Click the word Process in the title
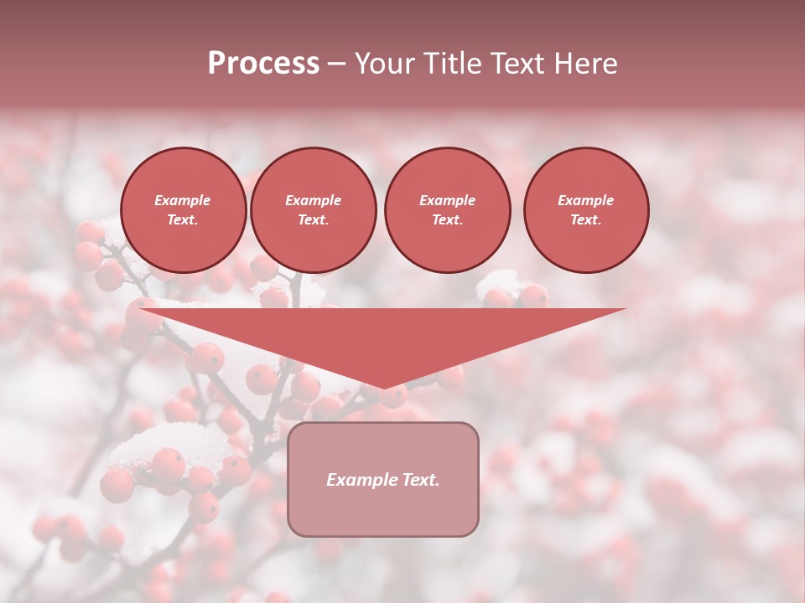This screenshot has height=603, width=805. (x=263, y=64)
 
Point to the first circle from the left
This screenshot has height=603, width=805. (x=184, y=210)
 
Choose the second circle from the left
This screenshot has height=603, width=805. (x=314, y=210)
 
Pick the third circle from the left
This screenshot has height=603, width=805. (x=447, y=210)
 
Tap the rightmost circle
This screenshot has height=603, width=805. (x=586, y=210)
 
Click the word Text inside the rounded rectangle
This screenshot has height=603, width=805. (x=421, y=480)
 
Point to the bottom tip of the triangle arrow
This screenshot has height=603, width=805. (x=383, y=388)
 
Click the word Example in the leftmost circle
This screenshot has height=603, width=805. (x=183, y=200)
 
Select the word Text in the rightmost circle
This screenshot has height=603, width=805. (x=586, y=220)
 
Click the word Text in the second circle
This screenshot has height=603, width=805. (x=314, y=220)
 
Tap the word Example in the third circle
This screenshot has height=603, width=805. (x=447, y=200)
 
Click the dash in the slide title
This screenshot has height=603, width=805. (x=337, y=64)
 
